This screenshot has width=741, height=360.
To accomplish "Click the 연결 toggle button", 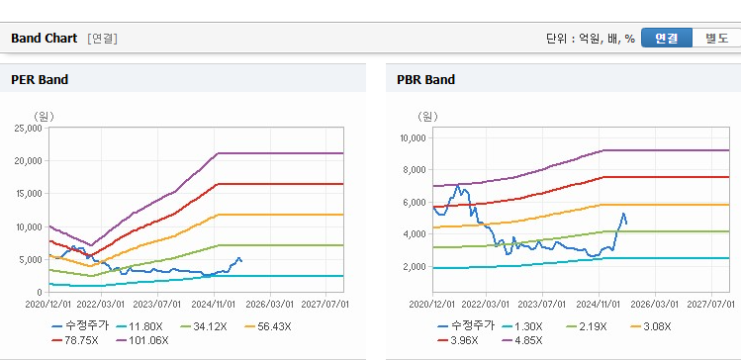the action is pyautogui.click(x=667, y=39).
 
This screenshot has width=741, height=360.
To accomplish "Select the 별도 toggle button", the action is pyautogui.click(x=716, y=39).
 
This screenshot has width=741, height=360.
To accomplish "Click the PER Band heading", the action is pyautogui.click(x=40, y=80).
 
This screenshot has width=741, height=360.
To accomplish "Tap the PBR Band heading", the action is pyautogui.click(x=425, y=80).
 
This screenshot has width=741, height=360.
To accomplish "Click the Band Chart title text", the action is pyautogui.click(x=44, y=39).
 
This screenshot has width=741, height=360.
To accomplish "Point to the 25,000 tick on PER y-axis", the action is pyautogui.click(x=30, y=128).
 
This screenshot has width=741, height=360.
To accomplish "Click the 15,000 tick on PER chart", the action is pyautogui.click(x=30, y=194).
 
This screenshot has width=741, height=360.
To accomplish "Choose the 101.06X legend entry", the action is pyautogui.click(x=142, y=340).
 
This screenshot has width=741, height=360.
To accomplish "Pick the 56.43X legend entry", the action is pyautogui.click(x=268, y=326).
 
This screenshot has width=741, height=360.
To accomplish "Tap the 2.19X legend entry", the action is pyautogui.click(x=585, y=326).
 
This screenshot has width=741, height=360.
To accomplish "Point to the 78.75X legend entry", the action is pyautogui.click(x=75, y=340).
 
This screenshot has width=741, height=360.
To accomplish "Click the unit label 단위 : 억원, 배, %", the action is pyautogui.click(x=591, y=39).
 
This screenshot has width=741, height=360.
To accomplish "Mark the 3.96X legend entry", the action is pyautogui.click(x=457, y=340).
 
